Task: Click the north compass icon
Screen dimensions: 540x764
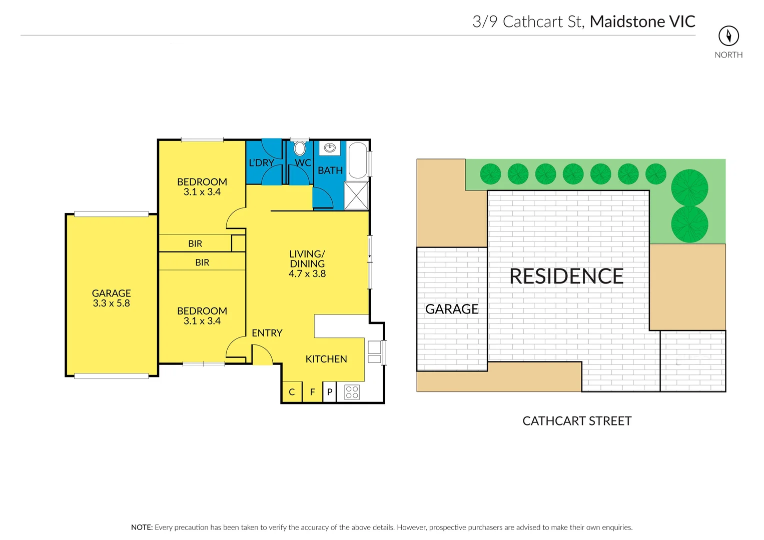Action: [x=728, y=35]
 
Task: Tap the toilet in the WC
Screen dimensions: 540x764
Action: [x=300, y=148]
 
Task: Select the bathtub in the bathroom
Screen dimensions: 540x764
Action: [x=357, y=160]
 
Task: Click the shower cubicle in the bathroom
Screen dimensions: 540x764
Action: [x=356, y=195]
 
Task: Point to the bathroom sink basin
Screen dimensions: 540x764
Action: [x=330, y=147]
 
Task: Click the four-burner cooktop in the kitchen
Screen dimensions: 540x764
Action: [x=352, y=392]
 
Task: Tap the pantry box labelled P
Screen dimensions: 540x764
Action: [x=330, y=392]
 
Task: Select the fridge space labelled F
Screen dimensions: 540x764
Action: [x=312, y=392]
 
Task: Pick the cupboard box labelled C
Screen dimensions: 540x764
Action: [x=292, y=392]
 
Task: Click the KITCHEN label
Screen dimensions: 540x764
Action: [x=326, y=359]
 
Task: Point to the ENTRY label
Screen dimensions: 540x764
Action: [x=267, y=333]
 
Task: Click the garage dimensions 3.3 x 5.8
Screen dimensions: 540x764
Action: [x=111, y=303]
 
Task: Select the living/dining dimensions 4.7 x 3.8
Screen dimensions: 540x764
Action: [x=307, y=274]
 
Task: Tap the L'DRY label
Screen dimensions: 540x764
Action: [x=261, y=163]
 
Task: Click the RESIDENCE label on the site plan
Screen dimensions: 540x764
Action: [x=566, y=276]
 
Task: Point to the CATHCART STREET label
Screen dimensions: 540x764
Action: [x=577, y=421]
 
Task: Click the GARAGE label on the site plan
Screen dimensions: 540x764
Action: [x=452, y=309]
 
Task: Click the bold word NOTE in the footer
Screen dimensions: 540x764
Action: [x=142, y=527]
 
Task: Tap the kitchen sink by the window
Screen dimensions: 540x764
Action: [x=374, y=351]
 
